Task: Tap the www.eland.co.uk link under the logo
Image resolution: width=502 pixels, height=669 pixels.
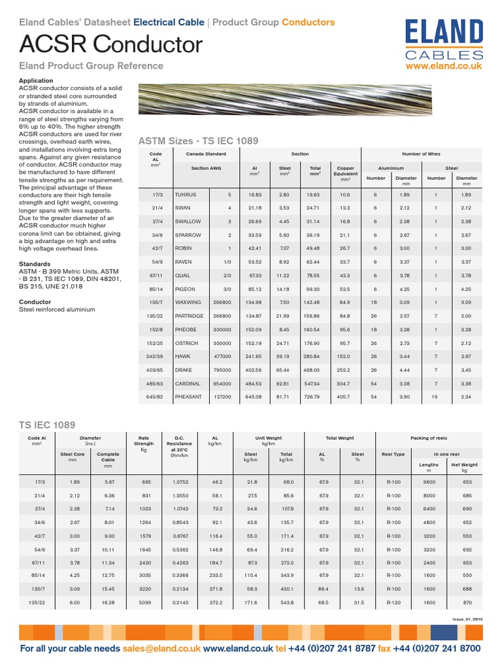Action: [x=444, y=65]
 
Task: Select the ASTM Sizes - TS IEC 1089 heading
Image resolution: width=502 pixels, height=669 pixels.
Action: [x=198, y=141]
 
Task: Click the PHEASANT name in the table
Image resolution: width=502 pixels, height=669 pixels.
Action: [x=190, y=396]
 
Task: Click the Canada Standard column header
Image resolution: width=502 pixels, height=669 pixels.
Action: [x=206, y=154]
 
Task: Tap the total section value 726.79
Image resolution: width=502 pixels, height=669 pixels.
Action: [x=314, y=396]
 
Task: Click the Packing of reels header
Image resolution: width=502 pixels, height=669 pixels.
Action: [x=429, y=438]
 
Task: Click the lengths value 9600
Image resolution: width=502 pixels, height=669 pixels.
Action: [x=429, y=482]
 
